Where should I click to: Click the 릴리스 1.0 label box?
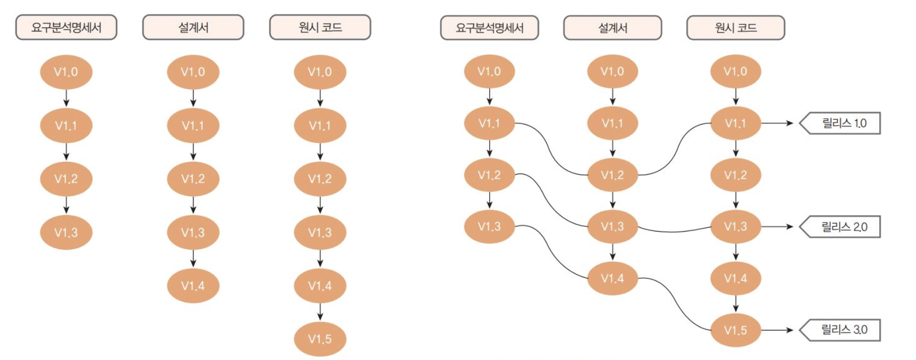coord(843,123)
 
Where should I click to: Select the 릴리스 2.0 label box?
coord(843,227)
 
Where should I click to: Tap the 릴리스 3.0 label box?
coord(843,330)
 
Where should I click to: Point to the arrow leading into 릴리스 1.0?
coord(777,123)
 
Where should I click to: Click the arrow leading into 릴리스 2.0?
coord(777,227)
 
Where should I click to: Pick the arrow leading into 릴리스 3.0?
coord(777,330)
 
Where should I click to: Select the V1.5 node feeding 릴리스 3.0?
coord(735,330)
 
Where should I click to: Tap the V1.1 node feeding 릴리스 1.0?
coord(735,124)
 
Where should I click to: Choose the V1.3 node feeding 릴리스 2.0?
coord(735,226)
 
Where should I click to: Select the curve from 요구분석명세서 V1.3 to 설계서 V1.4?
coord(550,253)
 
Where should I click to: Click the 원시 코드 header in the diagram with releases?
coord(735,28)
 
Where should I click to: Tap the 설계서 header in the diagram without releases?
coord(193,27)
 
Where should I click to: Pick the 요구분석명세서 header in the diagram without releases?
coord(66,27)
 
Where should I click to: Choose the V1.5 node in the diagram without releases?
coord(320,339)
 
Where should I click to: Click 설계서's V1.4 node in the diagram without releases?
coord(193,286)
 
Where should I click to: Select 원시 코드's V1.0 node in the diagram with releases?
coord(735,71)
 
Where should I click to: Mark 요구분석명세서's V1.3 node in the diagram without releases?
coord(66,233)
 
